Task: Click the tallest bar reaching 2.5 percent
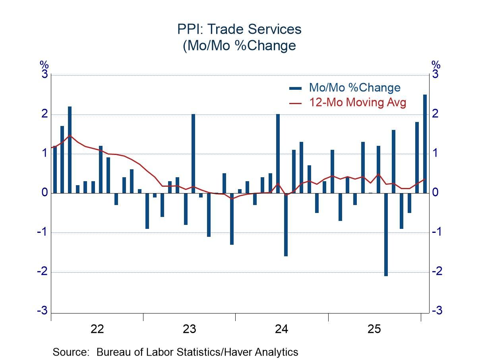coord(425,143)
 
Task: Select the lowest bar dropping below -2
coord(386,234)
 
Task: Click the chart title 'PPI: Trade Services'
coord(240,29)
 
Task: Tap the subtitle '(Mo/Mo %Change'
coord(240,46)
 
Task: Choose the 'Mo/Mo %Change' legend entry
coord(355,87)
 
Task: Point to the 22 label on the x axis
coord(97,329)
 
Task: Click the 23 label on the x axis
coord(189,329)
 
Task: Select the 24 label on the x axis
coord(282,329)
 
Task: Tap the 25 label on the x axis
coord(374,329)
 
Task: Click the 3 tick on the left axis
coord(44,74)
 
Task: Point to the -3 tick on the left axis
coord(42,310)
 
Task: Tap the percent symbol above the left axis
coord(44,64)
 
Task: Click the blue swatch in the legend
coord(295,88)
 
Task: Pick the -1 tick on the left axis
coord(42,232)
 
